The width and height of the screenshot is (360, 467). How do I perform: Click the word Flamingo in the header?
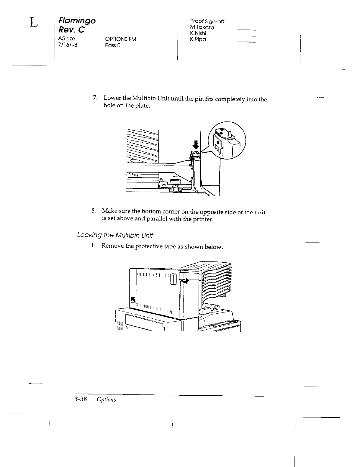(x=77, y=21)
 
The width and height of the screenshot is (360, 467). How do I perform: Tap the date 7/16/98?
(x=68, y=45)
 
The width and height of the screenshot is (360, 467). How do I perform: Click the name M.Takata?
(x=202, y=27)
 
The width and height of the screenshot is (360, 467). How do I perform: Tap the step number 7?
(x=94, y=98)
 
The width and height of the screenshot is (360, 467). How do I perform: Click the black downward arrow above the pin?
(x=196, y=145)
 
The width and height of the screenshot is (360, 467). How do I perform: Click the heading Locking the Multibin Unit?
(x=115, y=236)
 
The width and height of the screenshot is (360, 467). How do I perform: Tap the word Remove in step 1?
(x=113, y=246)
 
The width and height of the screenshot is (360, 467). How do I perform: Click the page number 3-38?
(x=80, y=399)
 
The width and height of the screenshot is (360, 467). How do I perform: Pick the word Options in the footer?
(x=106, y=399)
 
